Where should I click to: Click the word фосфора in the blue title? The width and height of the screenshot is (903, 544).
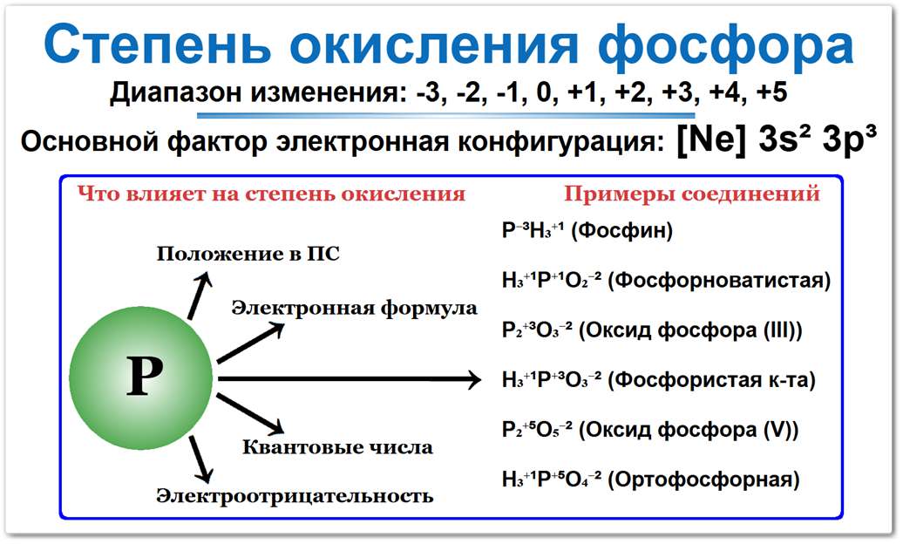725,45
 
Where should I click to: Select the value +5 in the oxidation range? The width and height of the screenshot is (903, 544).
771,92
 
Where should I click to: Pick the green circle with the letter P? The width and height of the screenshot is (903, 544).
141,378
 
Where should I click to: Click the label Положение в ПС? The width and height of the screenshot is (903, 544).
248,254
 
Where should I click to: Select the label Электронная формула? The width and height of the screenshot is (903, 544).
355,309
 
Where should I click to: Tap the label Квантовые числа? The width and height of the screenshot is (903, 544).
337,447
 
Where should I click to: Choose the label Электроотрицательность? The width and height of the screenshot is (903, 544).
295,495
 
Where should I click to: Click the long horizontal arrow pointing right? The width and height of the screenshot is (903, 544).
349,379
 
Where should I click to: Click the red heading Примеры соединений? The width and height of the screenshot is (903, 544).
692,194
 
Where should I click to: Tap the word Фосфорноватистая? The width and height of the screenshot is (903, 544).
719,281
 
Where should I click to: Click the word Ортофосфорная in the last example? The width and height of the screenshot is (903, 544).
703,479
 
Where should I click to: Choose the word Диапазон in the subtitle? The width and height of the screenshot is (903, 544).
176,93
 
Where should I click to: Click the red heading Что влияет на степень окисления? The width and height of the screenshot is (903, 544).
271,194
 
